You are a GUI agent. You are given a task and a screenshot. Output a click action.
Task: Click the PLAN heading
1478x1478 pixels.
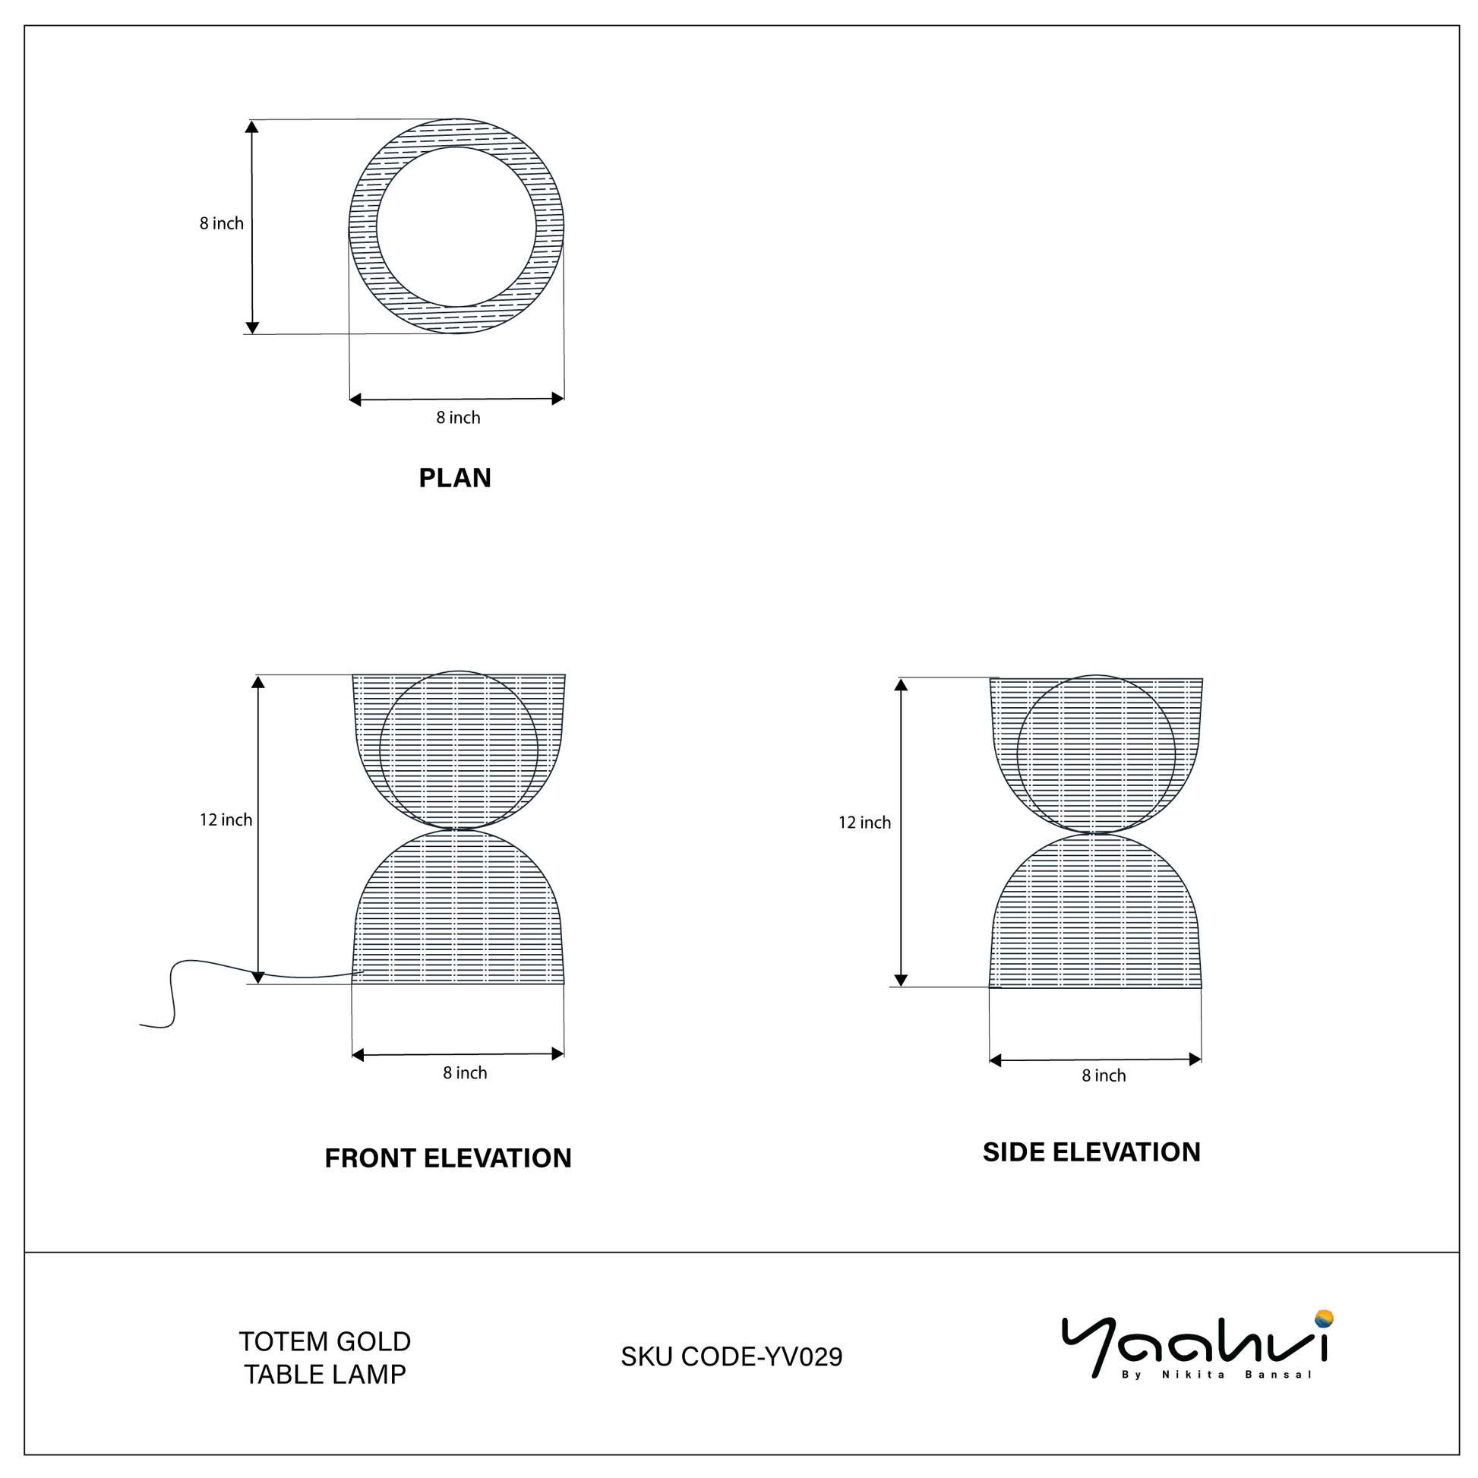point(454,478)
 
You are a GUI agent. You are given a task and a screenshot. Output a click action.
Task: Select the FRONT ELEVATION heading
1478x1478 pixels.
point(448,1157)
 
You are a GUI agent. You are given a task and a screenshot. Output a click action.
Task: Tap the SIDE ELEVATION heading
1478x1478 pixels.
point(1091,1151)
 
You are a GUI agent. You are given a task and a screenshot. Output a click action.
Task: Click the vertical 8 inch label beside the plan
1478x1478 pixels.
point(222,223)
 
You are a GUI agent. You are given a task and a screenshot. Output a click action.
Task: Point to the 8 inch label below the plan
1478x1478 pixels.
point(458,418)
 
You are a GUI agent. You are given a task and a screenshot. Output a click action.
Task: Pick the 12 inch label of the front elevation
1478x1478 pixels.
point(226,820)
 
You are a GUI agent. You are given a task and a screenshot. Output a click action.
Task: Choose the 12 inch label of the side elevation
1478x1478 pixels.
point(864,823)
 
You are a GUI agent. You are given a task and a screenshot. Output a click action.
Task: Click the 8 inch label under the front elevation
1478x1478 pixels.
point(465,1072)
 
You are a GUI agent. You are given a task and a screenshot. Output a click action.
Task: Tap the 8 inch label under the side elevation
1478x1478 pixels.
point(1104,1075)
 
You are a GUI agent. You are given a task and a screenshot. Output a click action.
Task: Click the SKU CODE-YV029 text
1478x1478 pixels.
point(731,1356)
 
